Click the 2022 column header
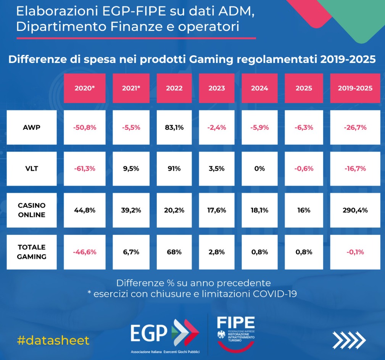pos(174,88)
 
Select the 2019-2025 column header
pos(355,88)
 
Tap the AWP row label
pos(31,128)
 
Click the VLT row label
pos(31,169)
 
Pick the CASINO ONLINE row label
pos(31,210)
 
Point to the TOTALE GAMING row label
pos(31,252)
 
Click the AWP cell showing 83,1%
pos(174,128)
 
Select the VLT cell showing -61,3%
pos(85,169)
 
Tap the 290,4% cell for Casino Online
pos(355,210)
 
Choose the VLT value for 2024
pos(259,169)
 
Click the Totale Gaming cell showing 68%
pos(174,252)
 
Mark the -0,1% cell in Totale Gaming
pos(355,252)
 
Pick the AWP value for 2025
pos(304,128)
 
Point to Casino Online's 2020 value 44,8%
pos(85,210)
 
